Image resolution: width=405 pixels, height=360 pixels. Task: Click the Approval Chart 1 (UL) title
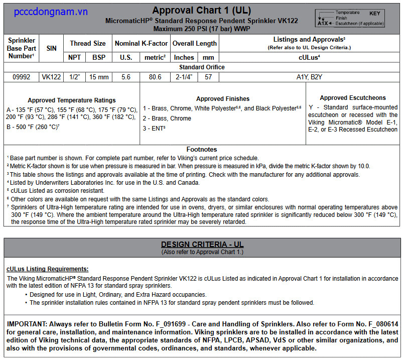[202, 10]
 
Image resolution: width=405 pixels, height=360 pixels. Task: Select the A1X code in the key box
[322, 23]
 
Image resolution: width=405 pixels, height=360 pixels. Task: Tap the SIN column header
[52, 48]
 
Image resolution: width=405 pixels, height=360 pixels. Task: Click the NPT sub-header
[75, 57]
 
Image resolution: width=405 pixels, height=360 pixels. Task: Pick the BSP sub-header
[99, 57]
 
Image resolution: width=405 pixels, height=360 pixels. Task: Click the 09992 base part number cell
[21, 77]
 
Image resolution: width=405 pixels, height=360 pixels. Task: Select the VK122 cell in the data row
[51, 77]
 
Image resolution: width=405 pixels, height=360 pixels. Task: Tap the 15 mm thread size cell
[99, 77]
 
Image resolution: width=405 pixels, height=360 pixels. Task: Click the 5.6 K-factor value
[125, 77]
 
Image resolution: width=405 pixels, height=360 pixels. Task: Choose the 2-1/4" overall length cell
[184, 77]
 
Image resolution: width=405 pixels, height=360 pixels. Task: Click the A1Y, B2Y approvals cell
[310, 77]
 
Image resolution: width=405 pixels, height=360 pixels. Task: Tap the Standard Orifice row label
[202, 67]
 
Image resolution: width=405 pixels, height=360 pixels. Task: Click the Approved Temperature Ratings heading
[72, 100]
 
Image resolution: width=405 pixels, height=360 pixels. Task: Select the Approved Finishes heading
[223, 99]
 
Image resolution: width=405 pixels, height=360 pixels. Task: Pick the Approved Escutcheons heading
[353, 98]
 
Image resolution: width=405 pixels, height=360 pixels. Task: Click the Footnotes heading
[202, 149]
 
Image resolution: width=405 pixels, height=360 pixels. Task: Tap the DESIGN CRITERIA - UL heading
[202, 245]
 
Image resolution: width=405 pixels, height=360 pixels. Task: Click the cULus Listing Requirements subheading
[48, 269]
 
